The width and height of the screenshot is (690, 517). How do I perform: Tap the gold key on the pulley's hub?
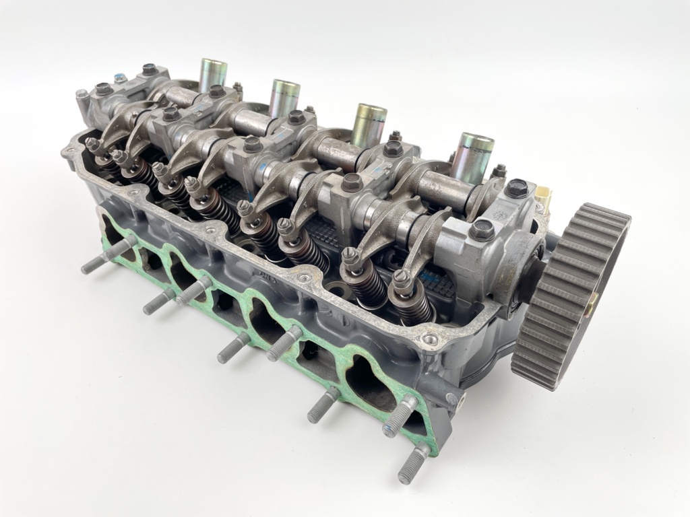coord(590,306)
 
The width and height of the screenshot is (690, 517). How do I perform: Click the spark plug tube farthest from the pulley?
coord(212,75)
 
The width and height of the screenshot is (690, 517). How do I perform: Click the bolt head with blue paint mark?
coord(121,78)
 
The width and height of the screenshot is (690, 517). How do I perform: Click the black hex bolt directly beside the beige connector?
coord(517,188)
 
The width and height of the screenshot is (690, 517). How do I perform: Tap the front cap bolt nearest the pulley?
coord(481,230)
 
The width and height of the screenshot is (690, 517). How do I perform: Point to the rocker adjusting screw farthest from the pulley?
coord(92,143)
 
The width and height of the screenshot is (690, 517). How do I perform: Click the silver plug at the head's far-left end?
coord(82,95)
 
